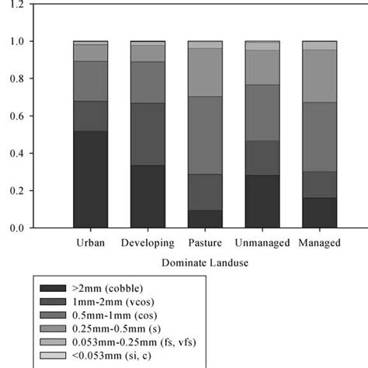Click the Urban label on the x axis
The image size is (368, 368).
pyautogui.click(x=90, y=243)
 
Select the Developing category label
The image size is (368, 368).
pyautogui.click(x=148, y=243)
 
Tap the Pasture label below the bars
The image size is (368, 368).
pyautogui.click(x=205, y=243)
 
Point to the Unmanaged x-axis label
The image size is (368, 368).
pyautogui.click(x=262, y=243)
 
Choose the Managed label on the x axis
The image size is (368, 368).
pyautogui.click(x=319, y=243)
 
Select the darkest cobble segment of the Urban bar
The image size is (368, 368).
pyautogui.click(x=90, y=179)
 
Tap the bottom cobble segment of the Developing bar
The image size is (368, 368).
pyautogui.click(x=148, y=196)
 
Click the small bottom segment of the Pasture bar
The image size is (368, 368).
pyautogui.click(x=205, y=219)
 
